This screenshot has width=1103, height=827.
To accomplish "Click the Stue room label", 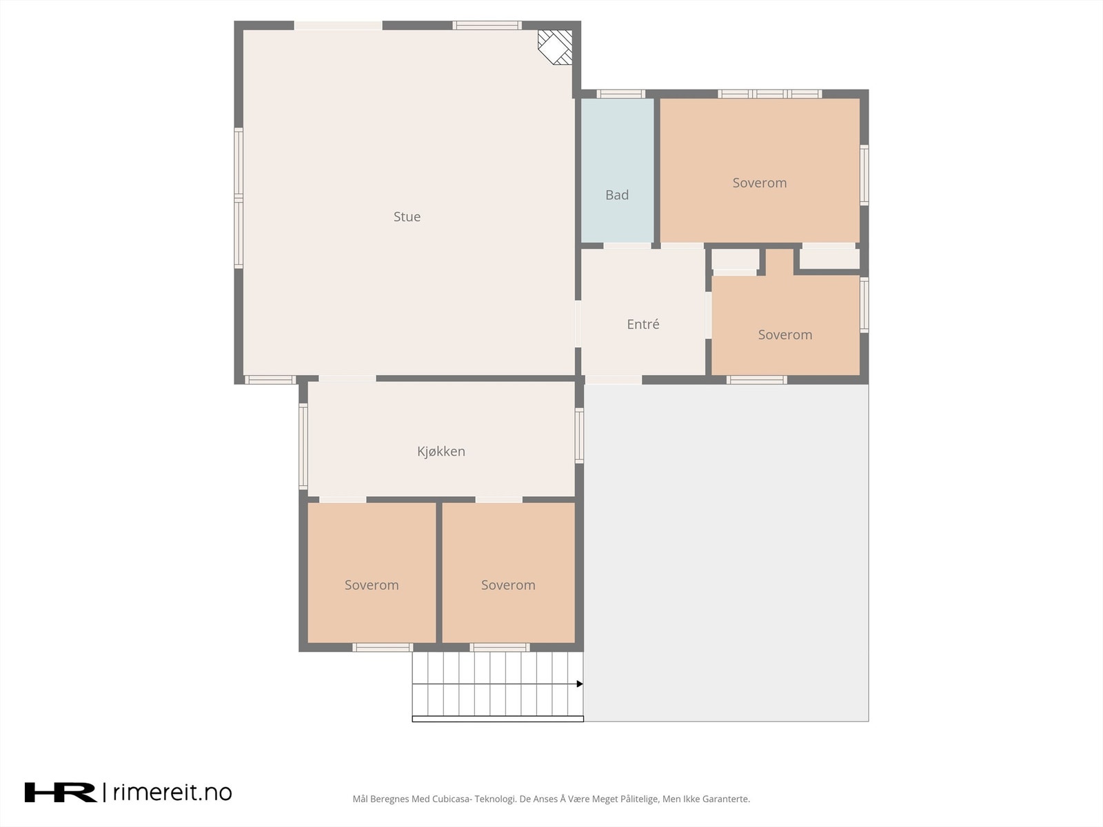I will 407,216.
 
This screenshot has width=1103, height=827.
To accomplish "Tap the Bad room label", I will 616,195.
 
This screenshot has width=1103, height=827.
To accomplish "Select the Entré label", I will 642,324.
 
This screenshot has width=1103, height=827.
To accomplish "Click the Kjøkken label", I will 441,451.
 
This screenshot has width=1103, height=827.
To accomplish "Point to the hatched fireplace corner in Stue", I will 556,46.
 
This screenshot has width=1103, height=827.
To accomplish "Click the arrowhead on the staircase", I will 580,684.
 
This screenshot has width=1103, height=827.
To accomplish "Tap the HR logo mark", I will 61,792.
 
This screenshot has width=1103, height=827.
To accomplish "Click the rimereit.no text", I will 172,792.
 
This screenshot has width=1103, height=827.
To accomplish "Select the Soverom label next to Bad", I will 759,183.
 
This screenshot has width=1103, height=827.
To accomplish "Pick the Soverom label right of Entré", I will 785,335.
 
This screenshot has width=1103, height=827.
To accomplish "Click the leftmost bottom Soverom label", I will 372,585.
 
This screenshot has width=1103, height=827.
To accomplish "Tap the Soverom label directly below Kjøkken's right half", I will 508,585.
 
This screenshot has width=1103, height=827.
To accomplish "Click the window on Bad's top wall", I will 620,94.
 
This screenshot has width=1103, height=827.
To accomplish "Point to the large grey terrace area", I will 726,551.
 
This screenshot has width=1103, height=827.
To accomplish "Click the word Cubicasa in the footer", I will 452,799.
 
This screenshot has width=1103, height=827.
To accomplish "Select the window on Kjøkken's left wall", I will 303,446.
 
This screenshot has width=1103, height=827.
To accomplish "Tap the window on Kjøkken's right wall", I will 579,436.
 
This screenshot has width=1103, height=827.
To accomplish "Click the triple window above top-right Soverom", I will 769,94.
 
